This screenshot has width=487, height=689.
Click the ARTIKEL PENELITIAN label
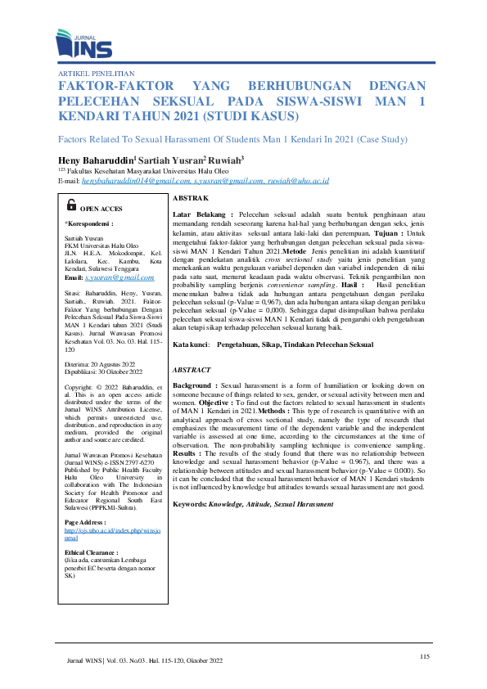(x=95, y=73)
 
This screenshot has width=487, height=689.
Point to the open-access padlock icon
(x=71, y=205)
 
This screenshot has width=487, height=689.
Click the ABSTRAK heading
(x=191, y=199)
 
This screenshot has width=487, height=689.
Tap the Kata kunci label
(x=194, y=345)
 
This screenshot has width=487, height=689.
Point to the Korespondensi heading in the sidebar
(x=89, y=222)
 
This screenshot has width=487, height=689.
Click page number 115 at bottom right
(x=423, y=656)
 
